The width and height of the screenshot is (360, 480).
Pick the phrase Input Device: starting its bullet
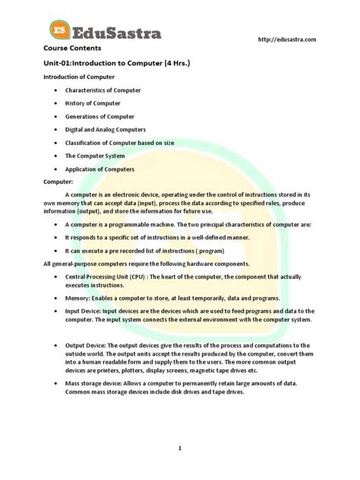[84, 311]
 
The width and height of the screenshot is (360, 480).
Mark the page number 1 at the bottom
[180, 448]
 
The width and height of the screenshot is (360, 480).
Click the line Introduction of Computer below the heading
[79, 77]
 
